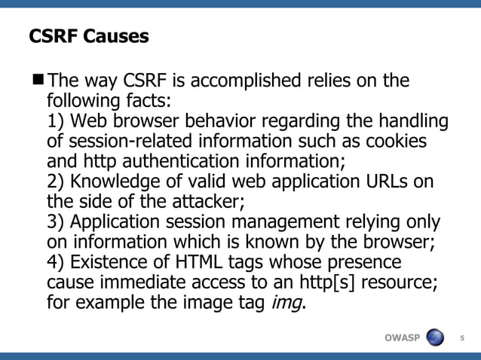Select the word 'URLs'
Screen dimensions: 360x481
tap(383, 183)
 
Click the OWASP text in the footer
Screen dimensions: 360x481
tap(402, 337)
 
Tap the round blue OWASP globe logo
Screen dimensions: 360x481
tap(435, 336)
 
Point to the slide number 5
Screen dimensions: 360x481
tap(463, 337)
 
